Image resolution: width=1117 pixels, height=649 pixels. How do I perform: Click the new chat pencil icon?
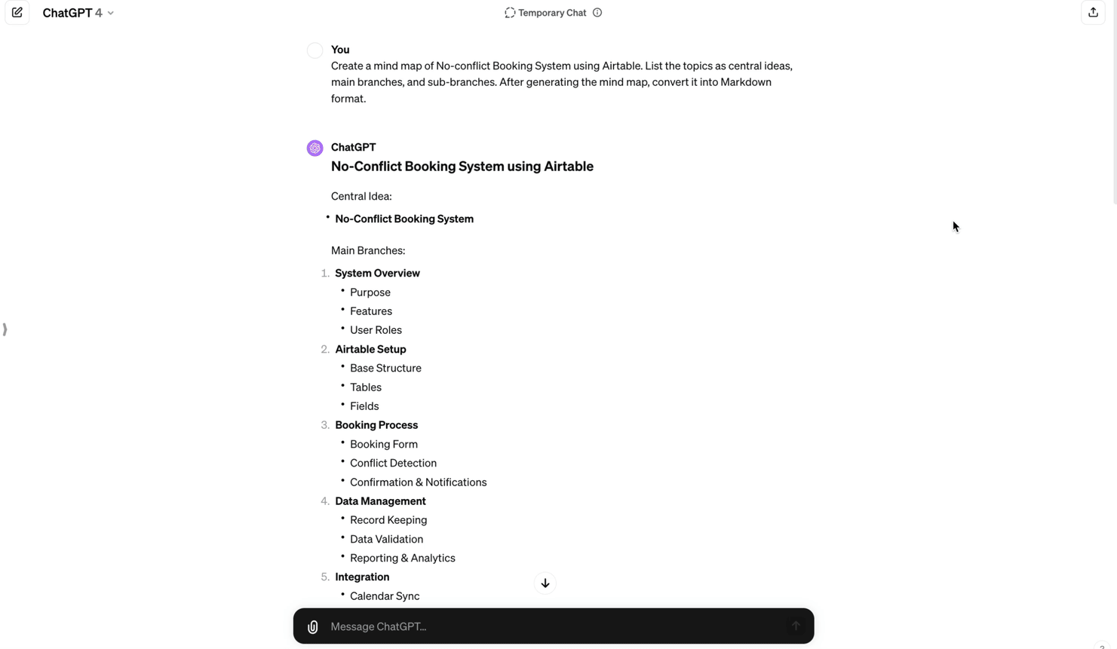17,13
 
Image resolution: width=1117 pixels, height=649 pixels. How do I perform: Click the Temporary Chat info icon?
597,13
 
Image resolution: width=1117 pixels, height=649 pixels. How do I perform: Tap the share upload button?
1093,13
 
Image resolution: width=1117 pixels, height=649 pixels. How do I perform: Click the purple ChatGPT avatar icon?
315,148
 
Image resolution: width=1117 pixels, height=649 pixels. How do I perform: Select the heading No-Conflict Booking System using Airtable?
462,167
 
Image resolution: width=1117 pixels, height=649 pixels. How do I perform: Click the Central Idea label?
361,196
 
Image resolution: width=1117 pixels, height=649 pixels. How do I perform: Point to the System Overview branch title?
377,273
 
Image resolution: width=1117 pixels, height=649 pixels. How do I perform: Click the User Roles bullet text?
376,330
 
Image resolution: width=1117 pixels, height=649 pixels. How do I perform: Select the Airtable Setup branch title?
370,349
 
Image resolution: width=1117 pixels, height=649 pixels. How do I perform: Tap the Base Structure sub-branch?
385,368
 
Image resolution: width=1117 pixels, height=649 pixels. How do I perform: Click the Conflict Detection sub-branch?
393,463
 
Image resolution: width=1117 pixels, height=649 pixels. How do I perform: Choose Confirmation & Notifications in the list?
418,482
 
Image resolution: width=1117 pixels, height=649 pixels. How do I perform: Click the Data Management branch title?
380,501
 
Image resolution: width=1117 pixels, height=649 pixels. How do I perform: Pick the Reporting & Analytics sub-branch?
402,558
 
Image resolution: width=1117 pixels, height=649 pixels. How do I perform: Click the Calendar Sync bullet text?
385,596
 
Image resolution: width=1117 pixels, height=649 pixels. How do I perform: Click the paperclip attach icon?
313,626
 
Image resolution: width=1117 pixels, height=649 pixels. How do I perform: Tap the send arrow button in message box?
795,626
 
